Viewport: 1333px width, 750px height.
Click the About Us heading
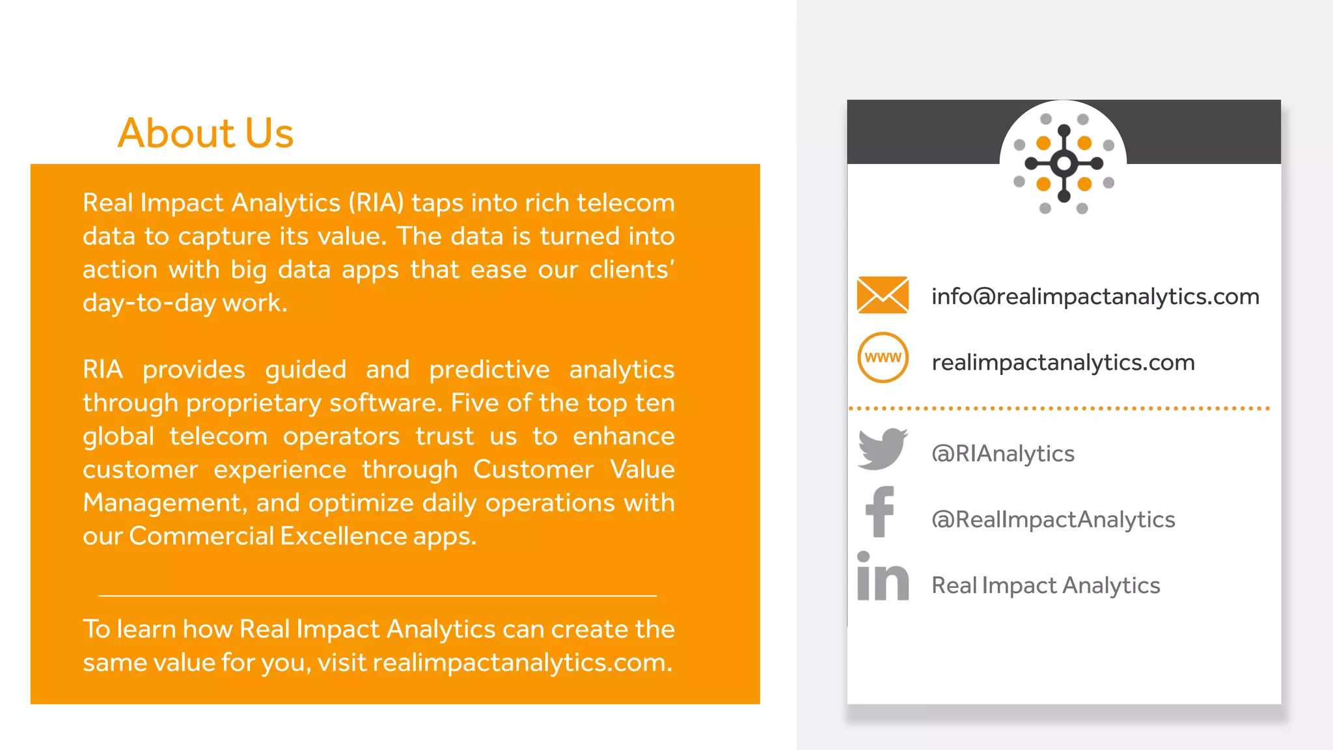(x=205, y=133)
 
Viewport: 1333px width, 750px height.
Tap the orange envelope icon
(x=883, y=295)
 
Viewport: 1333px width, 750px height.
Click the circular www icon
(x=883, y=357)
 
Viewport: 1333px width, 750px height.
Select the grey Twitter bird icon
(x=883, y=449)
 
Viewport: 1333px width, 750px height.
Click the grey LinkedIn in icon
(x=883, y=577)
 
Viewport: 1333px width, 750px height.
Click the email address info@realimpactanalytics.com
(x=1095, y=297)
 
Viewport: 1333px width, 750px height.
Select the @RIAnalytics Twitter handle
(x=1002, y=454)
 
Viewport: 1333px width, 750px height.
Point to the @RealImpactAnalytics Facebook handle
(x=1052, y=520)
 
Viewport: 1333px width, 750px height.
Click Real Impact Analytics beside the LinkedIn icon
(x=1045, y=585)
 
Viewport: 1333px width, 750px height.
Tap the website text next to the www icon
(x=1063, y=363)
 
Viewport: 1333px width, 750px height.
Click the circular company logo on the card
(x=1064, y=163)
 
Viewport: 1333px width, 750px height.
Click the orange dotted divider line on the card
(x=1059, y=408)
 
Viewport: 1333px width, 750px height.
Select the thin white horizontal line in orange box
(x=378, y=595)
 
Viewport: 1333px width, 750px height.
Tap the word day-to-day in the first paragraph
(x=149, y=303)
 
